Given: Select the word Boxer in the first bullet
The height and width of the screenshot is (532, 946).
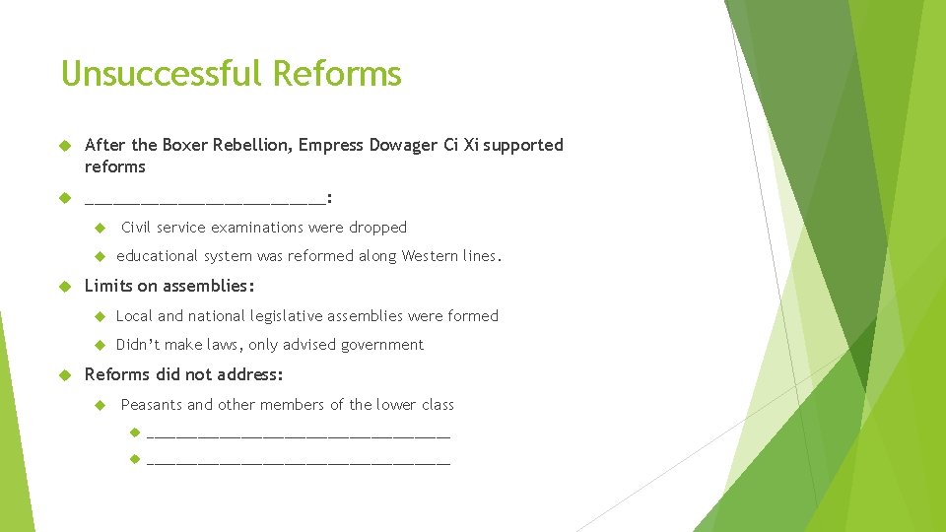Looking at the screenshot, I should pyautogui.click(x=184, y=146).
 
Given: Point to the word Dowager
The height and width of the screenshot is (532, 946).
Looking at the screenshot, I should pyautogui.click(x=402, y=146).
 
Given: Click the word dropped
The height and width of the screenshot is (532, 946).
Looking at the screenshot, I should pyautogui.click(x=377, y=228).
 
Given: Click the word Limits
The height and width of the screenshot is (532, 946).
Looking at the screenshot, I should pyautogui.click(x=108, y=287).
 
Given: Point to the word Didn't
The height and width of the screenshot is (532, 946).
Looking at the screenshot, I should pyautogui.click(x=138, y=345).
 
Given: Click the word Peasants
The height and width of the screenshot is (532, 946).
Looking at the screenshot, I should pyautogui.click(x=152, y=405).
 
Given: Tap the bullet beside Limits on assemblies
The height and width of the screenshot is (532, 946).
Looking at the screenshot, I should pyautogui.click(x=67, y=287).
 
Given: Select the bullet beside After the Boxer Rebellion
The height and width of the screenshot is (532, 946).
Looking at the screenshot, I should pyautogui.click(x=67, y=146).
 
